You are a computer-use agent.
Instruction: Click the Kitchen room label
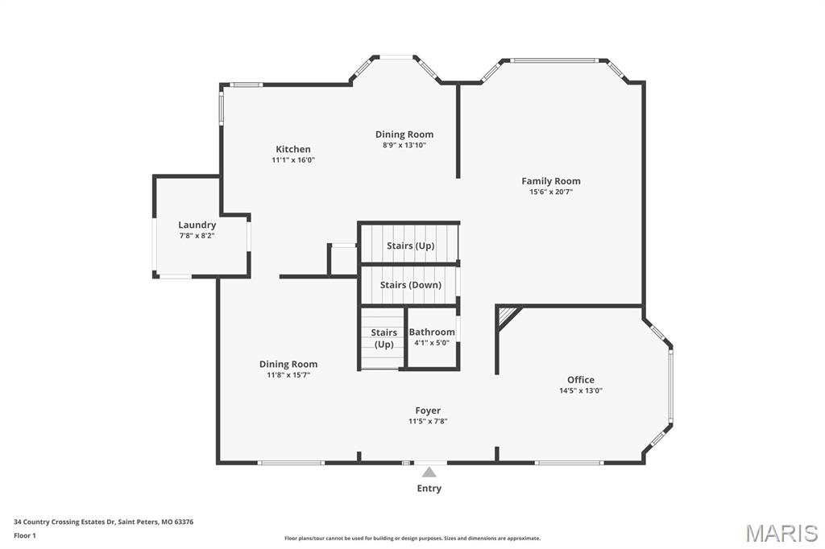tap(293, 150)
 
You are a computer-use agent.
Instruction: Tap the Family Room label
tap(551, 181)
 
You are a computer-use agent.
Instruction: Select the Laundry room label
tap(197, 225)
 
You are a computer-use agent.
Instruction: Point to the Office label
tap(581, 380)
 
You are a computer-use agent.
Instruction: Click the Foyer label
tap(428, 411)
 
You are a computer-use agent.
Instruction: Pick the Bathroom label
tap(432, 332)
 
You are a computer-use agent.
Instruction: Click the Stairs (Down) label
tap(411, 285)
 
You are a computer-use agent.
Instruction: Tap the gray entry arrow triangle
tap(429, 472)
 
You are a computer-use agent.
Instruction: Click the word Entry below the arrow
tap(429, 489)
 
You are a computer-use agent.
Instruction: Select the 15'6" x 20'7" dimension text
tap(551, 192)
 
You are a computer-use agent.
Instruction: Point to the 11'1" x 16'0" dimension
tap(293, 160)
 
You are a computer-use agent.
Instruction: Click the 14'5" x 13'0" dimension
tap(581, 390)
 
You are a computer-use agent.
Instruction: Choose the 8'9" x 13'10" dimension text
tap(404, 145)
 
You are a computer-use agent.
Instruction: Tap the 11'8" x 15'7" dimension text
tap(288, 375)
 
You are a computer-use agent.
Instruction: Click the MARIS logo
tap(781, 533)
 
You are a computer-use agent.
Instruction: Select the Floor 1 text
tap(25, 536)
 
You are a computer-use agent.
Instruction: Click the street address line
tap(104, 522)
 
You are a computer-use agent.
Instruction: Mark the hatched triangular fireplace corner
tap(506, 315)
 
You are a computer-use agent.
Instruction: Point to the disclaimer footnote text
tap(412, 539)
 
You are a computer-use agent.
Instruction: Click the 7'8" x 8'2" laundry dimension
tap(197, 236)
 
